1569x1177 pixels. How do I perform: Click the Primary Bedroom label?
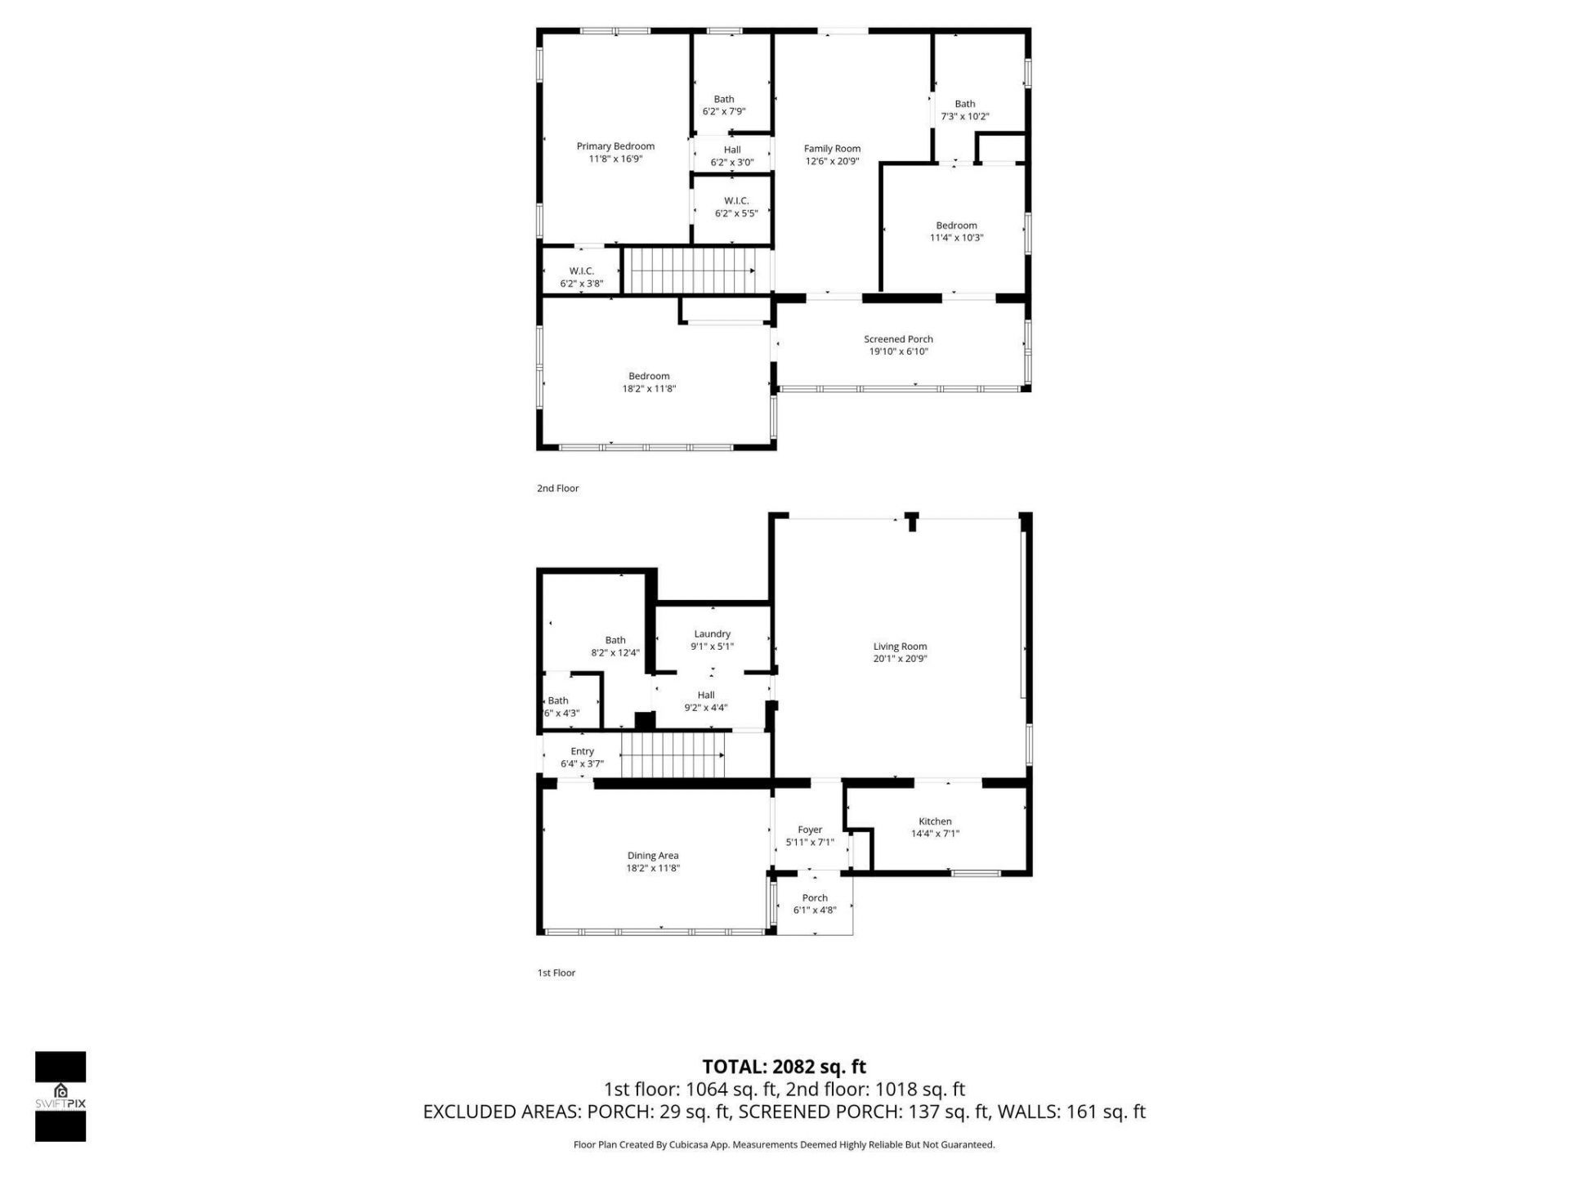(x=615, y=146)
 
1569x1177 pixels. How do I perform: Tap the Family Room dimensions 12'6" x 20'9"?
(x=832, y=161)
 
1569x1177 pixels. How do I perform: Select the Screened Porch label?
(x=898, y=339)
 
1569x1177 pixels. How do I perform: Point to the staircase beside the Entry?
(x=673, y=755)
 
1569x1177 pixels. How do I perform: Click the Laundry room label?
(x=712, y=633)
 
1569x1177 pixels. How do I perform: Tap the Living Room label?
(x=900, y=647)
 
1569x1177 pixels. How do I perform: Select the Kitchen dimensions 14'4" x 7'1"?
(x=935, y=834)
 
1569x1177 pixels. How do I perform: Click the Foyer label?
(x=810, y=830)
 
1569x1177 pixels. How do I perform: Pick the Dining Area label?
(x=652, y=856)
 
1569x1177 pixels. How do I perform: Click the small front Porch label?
(x=815, y=897)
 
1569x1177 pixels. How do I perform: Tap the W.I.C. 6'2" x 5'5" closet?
(x=735, y=207)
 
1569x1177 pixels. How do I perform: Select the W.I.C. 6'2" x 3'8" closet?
(x=581, y=277)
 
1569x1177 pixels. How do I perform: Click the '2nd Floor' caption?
(x=557, y=488)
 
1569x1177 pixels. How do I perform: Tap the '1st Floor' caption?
(x=556, y=973)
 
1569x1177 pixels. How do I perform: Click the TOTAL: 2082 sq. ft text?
(x=784, y=1067)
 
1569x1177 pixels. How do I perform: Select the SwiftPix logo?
(x=60, y=1095)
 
